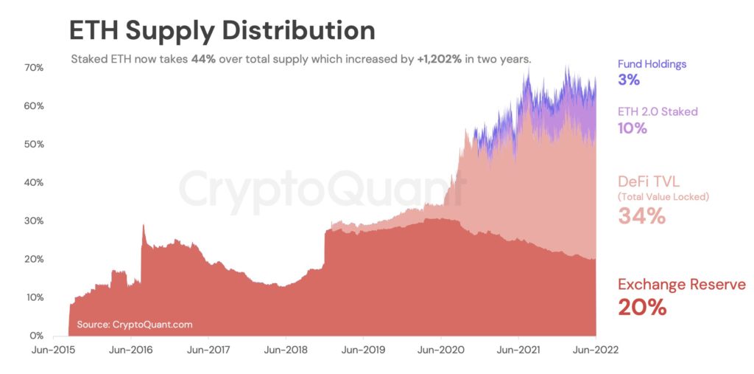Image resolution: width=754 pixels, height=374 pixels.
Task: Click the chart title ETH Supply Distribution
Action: [222, 30]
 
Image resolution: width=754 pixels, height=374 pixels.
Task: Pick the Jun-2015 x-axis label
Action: [54, 351]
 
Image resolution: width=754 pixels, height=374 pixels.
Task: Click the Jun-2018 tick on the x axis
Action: [286, 351]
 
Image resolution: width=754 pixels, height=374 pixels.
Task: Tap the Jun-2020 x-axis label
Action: [440, 351]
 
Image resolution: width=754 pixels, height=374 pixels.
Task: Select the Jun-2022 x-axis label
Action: [594, 351]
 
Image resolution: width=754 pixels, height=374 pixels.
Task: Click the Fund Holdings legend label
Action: [652, 64]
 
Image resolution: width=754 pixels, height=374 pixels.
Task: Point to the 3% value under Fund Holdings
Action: [629, 80]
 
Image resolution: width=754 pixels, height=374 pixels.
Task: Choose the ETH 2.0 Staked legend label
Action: [657, 111]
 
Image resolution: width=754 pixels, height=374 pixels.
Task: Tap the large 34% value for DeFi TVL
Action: [641, 216]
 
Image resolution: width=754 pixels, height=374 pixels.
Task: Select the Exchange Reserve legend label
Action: [681, 285]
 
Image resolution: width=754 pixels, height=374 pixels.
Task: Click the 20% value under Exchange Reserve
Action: [642, 308]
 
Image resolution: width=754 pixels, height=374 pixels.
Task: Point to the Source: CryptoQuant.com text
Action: [134, 324]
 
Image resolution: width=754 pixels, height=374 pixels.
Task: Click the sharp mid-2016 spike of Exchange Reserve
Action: [143, 227]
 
